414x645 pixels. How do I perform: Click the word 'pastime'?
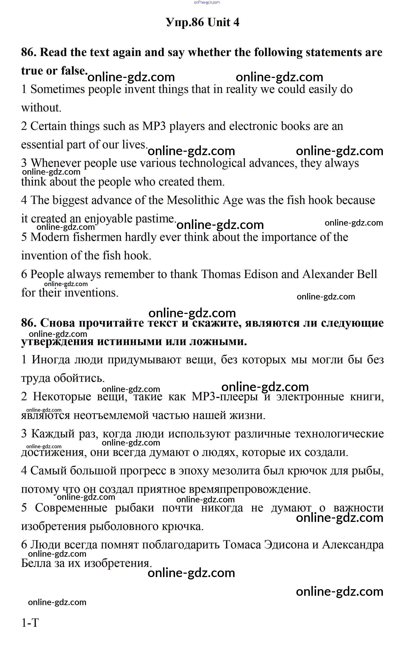click(155, 219)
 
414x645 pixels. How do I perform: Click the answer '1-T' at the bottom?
click(30, 623)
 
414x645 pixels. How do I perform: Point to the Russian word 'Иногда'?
click(51, 360)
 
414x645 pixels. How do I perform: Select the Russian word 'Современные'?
click(71, 508)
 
